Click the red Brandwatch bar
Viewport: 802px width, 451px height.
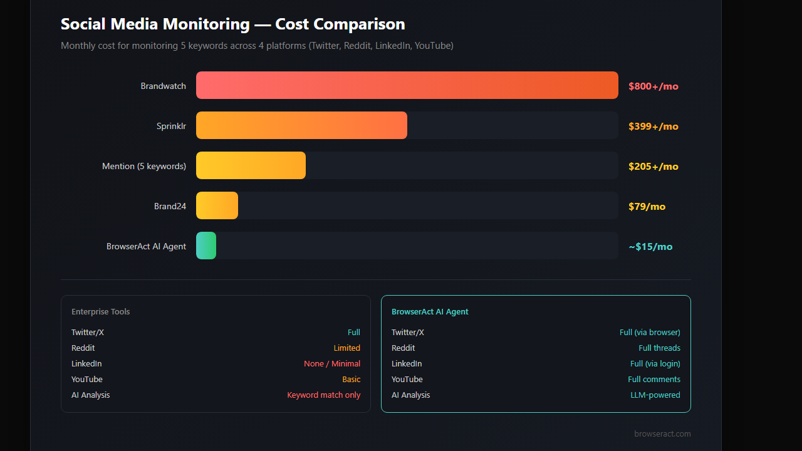[407, 85]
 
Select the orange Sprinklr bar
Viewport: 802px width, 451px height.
[301, 125]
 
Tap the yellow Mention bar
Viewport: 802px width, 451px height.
[251, 165]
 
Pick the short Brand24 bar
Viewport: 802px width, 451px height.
[217, 205]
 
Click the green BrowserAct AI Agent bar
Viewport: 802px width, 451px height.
[206, 246]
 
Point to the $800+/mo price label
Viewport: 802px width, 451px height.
[654, 86]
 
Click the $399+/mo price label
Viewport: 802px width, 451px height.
[654, 127]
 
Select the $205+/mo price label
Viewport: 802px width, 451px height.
[654, 167]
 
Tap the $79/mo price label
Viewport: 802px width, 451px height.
[647, 207]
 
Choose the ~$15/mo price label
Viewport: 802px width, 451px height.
[650, 247]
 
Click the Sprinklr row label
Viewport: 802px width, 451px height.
[171, 127]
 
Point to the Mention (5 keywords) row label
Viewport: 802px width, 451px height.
[144, 167]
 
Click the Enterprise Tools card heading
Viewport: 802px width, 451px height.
[101, 312]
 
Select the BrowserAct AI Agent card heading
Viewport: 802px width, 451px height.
[430, 312]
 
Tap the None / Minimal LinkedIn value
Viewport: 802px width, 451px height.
[332, 364]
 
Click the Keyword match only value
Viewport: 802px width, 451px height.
[324, 395]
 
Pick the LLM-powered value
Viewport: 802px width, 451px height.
[655, 395]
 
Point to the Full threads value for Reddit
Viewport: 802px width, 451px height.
[659, 348]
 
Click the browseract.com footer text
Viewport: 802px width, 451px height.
[662, 434]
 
